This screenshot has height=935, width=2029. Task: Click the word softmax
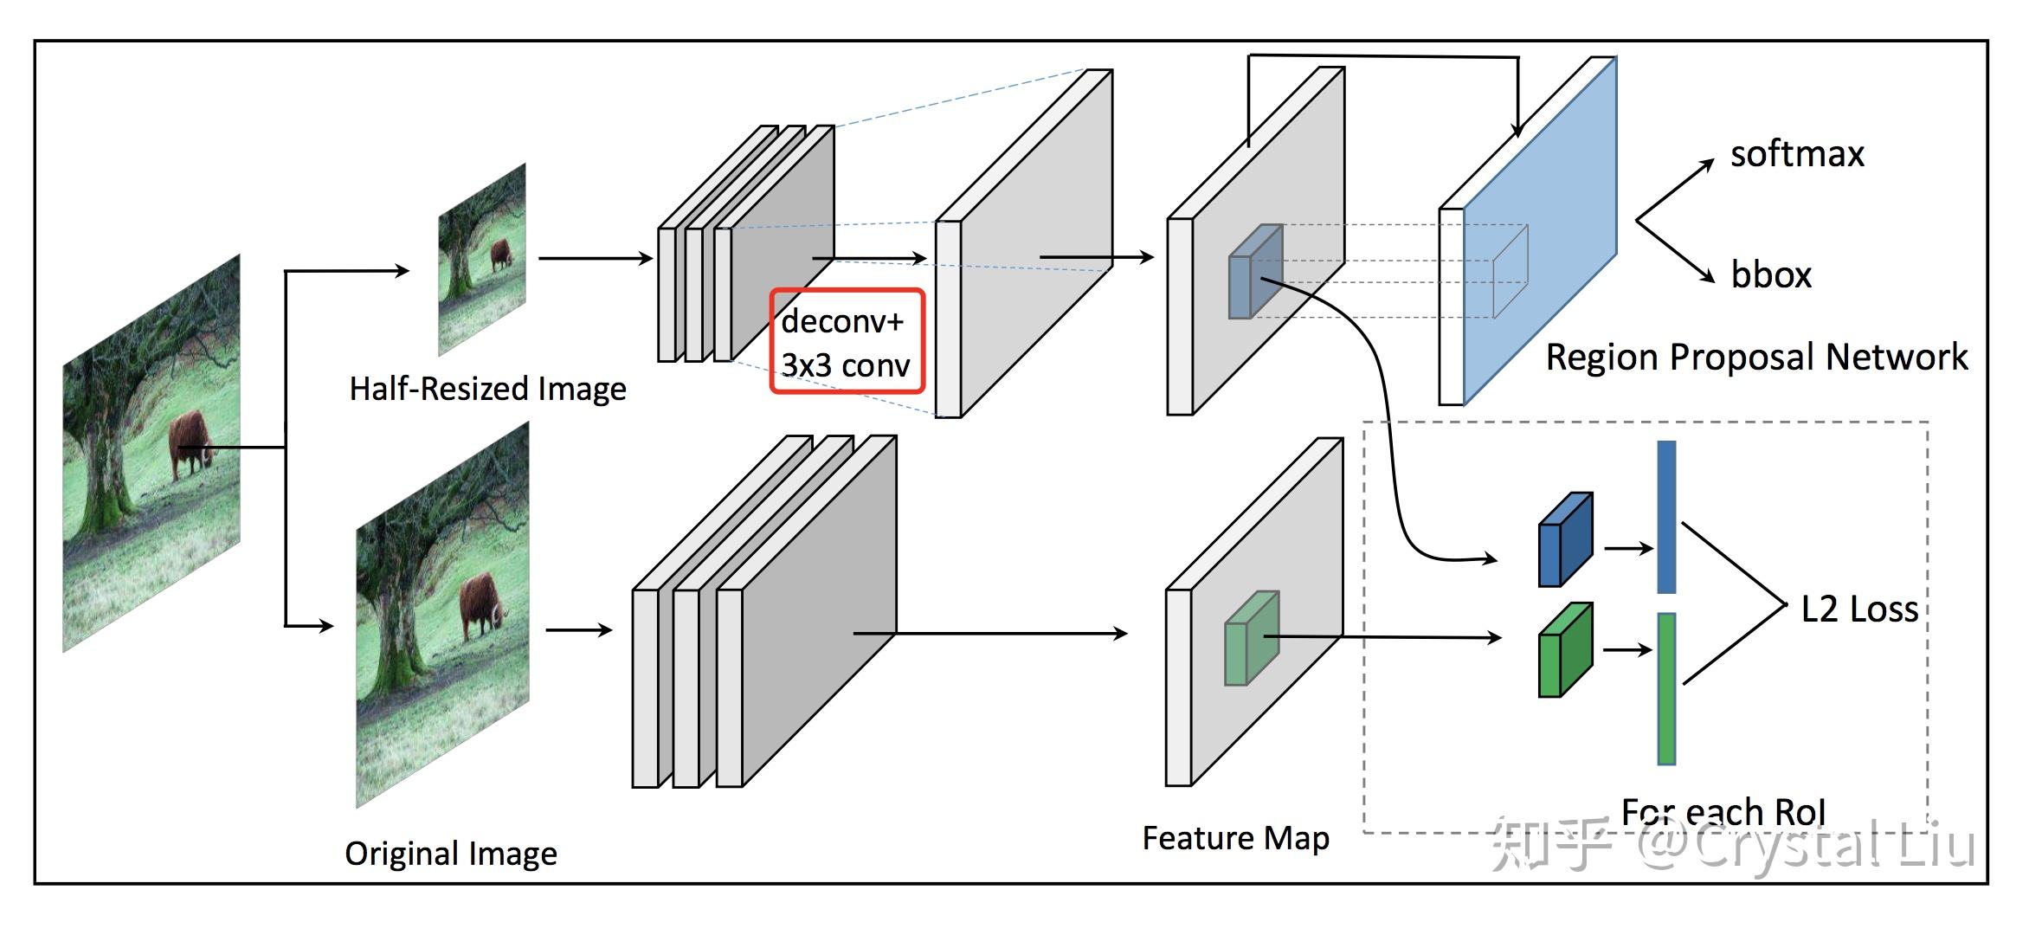(x=1796, y=154)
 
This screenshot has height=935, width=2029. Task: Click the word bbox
(x=1770, y=275)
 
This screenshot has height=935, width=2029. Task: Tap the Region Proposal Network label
(x=1756, y=358)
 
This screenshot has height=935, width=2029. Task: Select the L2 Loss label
(x=1859, y=609)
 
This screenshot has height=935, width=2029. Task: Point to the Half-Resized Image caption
(x=487, y=389)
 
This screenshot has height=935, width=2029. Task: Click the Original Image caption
(x=451, y=854)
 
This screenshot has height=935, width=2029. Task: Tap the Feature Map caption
(x=1235, y=838)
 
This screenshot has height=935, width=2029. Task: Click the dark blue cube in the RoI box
(x=1564, y=540)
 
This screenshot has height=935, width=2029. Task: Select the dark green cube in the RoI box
(x=1564, y=650)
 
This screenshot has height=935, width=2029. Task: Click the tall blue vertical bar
(x=1665, y=517)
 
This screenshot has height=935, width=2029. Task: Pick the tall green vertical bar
(x=1665, y=688)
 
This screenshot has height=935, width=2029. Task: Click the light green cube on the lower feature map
(x=1251, y=639)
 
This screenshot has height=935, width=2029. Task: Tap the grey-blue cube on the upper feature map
(x=1255, y=272)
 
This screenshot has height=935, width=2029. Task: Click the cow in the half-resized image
(x=500, y=255)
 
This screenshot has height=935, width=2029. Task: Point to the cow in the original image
(x=478, y=602)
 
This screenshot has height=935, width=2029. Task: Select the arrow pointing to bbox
(x=1675, y=251)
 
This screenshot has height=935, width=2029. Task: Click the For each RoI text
(x=1723, y=812)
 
